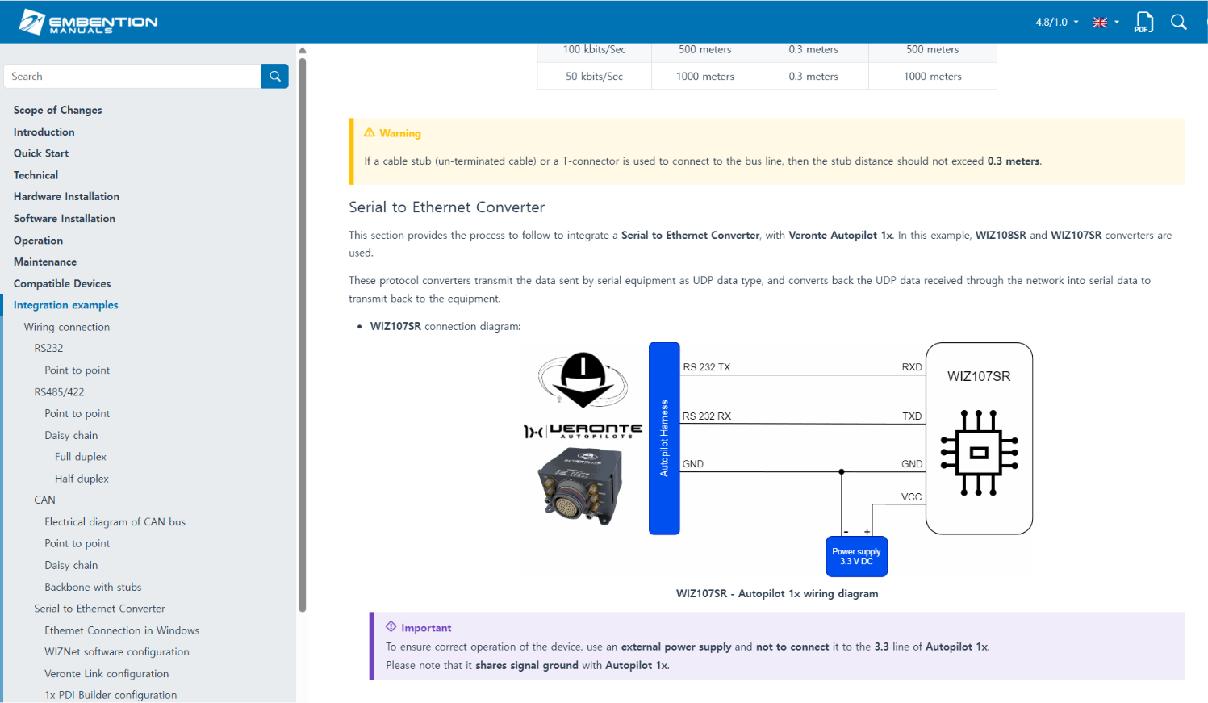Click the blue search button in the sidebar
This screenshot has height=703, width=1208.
coord(275,76)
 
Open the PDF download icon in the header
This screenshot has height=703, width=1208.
coord(1143,22)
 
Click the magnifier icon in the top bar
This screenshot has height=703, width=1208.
coord(1179,22)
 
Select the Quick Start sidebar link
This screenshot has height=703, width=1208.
coord(41,153)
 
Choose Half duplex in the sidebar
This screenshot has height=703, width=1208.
coord(82,479)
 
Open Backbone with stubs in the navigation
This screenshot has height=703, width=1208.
coord(93,587)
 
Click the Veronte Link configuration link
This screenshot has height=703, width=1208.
coord(107,673)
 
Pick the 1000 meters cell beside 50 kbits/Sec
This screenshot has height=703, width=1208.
coord(704,76)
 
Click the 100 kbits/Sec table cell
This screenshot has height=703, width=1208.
coord(594,49)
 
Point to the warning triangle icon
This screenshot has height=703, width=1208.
coord(370,132)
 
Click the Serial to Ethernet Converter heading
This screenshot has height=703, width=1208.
coord(446,207)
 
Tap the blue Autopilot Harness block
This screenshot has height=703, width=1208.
coord(664,438)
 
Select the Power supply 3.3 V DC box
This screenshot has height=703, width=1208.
coord(856,556)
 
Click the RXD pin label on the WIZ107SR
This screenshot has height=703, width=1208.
coord(912,367)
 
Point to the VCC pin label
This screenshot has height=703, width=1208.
coord(911,497)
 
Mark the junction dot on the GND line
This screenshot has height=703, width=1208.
coord(842,471)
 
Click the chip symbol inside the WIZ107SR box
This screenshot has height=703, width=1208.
coord(979,453)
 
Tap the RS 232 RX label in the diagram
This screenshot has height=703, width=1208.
coord(706,416)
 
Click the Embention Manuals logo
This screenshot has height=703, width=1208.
coord(88,22)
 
